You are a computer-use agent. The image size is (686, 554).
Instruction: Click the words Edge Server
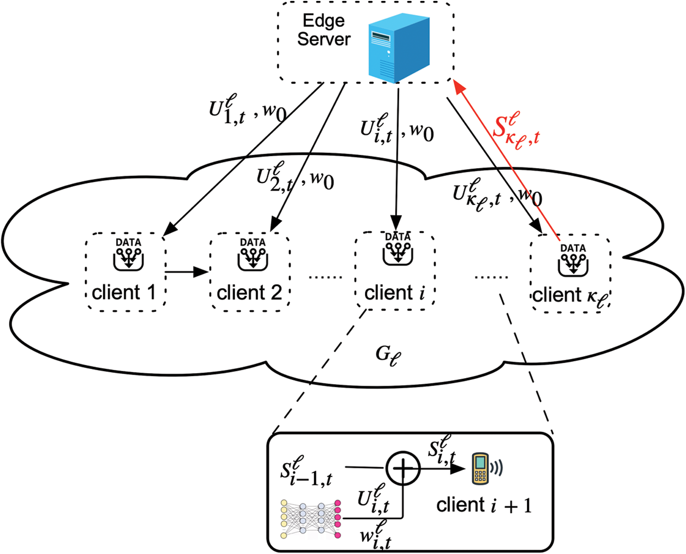point(324,30)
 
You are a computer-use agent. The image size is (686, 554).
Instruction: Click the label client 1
point(123,293)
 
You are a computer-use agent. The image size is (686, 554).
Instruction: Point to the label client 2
point(249,293)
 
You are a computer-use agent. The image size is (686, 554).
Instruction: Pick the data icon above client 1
point(128,254)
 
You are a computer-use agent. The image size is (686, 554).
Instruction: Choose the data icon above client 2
point(252,254)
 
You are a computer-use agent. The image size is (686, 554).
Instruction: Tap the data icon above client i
point(398,248)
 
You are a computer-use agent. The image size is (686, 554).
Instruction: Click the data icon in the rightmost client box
point(573,260)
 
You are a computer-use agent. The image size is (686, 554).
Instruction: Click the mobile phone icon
point(480,468)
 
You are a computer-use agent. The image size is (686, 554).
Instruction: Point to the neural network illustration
point(311,519)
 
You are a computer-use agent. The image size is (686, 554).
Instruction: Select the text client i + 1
point(484,506)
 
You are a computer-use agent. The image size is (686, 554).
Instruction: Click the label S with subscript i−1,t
point(305,471)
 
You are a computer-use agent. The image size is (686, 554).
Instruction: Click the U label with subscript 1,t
point(227,110)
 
